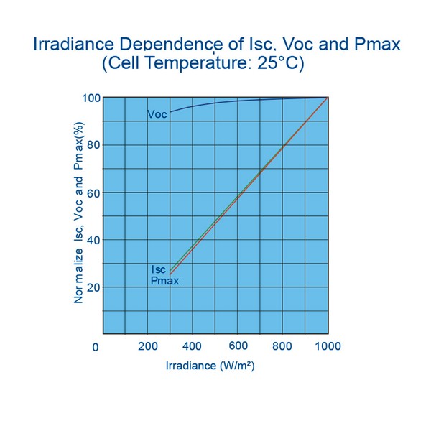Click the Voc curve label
[157, 114]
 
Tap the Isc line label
[158, 269]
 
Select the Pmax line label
[164, 281]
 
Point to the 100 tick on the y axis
[90, 98]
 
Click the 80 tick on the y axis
[93, 145]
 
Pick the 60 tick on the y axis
[93, 193]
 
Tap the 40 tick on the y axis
[93, 240]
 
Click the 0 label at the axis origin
[96, 348]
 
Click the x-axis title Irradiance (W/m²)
[210, 366]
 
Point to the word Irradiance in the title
[67, 45]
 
